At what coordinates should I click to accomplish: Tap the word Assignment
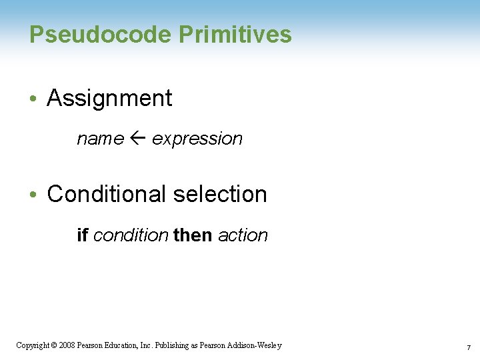[x=109, y=99]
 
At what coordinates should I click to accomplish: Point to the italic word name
[x=100, y=139]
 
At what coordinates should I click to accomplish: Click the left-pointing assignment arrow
[x=137, y=139]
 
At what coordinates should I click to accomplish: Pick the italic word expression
[x=197, y=139]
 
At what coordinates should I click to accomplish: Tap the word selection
[x=219, y=194]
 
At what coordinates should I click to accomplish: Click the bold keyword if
[x=83, y=235]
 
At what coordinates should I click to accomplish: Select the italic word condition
[x=131, y=235]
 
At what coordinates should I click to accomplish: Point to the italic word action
[x=243, y=235]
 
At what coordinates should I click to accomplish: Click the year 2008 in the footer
[x=66, y=345]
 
